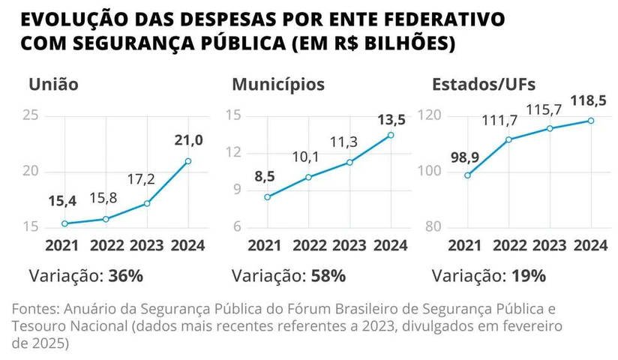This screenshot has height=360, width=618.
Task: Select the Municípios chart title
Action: (277, 85)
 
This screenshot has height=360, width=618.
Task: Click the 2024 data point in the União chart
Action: (187, 161)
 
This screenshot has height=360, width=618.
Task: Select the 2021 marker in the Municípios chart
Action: (266, 197)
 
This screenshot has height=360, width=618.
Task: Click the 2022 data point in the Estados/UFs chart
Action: (508, 139)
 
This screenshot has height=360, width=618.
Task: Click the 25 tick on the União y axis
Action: (31, 115)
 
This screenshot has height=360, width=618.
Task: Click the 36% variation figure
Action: (125, 275)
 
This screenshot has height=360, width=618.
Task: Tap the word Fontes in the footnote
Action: (36, 310)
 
